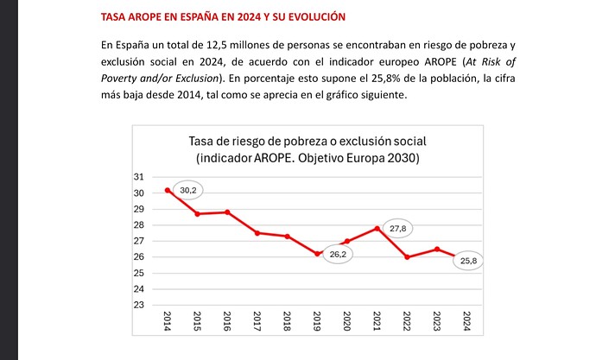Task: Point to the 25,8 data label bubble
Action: [466, 260]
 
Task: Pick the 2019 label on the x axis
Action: [317, 321]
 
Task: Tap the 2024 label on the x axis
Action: [466, 321]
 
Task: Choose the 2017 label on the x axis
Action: [257, 321]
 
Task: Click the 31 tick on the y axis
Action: [138, 177]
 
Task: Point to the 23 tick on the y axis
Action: [138, 305]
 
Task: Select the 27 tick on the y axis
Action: [138, 241]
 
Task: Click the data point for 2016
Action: [227, 212]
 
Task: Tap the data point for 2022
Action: [407, 257]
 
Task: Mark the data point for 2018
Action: [287, 237]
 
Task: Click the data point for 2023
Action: [437, 249]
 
